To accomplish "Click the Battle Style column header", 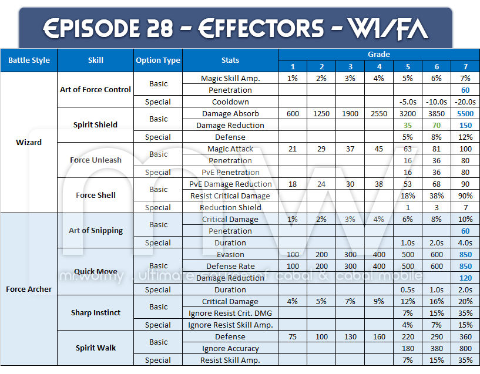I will click(29, 60).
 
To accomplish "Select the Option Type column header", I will click(158, 60).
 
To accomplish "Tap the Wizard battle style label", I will click(29, 142).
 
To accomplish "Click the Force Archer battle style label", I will click(29, 289).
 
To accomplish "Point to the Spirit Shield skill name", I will click(95, 124).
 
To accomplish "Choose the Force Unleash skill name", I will click(95, 160).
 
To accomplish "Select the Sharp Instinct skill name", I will click(95, 312).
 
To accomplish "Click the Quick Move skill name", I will click(95, 271).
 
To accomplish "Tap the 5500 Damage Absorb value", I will click(465, 113).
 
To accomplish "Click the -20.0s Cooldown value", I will click(465, 102).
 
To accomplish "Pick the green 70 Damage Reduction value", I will click(437, 125).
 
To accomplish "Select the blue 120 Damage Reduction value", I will click(465, 278).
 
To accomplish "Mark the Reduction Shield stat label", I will click(230, 207).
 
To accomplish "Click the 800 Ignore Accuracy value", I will click(465, 348).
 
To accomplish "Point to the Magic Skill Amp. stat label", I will click(230, 78).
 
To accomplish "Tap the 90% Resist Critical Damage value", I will click(465, 196).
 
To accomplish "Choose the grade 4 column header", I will click(379, 66).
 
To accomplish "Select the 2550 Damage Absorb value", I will click(379, 113).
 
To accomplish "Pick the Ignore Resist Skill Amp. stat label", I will click(230, 325).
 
